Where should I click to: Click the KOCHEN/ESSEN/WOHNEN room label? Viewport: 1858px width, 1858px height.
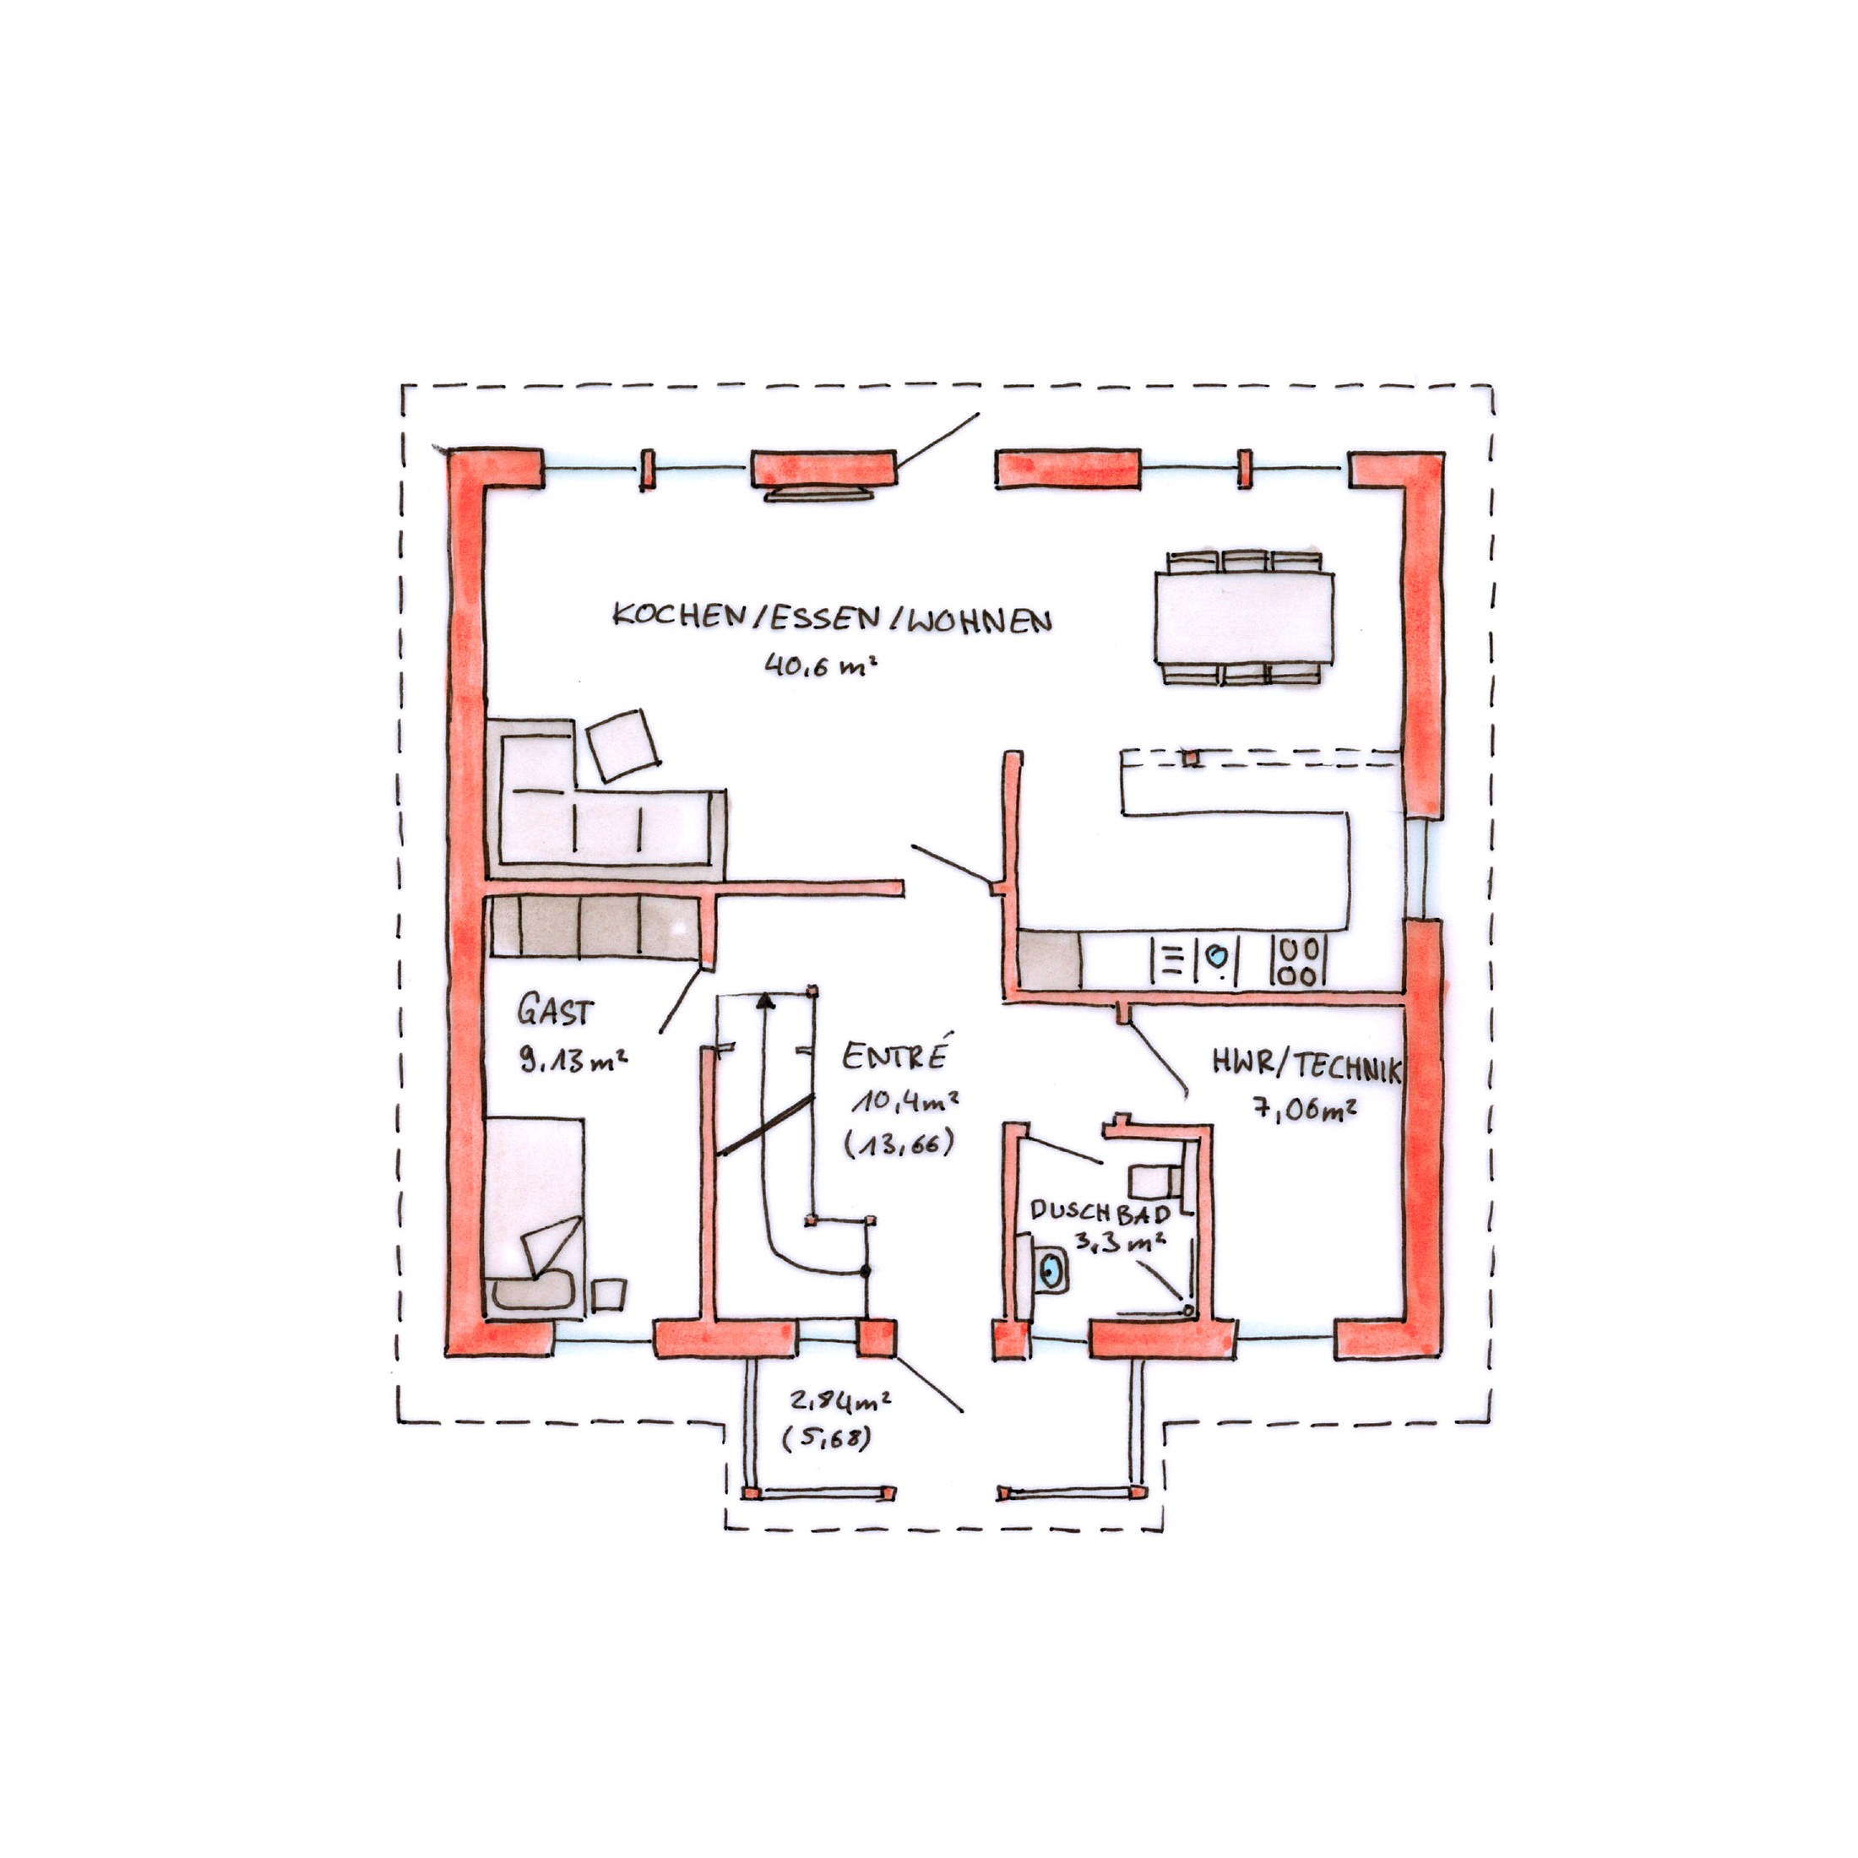[x=833, y=617]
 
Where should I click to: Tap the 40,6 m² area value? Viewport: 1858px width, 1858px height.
[x=820, y=665]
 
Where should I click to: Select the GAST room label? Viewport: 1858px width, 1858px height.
[x=554, y=1011]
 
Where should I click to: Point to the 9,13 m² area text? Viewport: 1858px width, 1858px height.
[x=573, y=1060]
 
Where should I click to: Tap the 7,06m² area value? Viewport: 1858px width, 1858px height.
[x=1304, y=1109]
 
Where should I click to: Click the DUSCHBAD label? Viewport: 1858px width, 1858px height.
[x=1100, y=1211]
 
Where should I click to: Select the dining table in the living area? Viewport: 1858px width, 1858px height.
[x=1243, y=617]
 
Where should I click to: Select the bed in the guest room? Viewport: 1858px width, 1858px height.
[x=535, y=1214]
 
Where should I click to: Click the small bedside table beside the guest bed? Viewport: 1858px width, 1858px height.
[x=608, y=1295]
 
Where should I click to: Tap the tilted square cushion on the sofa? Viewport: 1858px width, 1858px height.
[x=623, y=744]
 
